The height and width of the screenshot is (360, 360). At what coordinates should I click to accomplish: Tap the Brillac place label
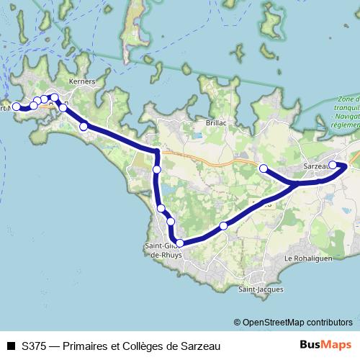(216, 123)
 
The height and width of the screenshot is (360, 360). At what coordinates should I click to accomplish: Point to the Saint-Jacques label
(261, 289)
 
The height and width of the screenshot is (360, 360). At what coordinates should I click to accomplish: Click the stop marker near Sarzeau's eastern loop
(333, 165)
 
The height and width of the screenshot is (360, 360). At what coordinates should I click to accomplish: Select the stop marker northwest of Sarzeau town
(264, 168)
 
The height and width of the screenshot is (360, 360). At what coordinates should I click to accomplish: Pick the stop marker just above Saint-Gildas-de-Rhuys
(179, 243)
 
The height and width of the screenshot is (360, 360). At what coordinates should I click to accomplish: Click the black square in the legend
(11, 346)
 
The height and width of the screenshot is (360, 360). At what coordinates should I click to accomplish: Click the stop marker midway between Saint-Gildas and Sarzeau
(224, 226)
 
